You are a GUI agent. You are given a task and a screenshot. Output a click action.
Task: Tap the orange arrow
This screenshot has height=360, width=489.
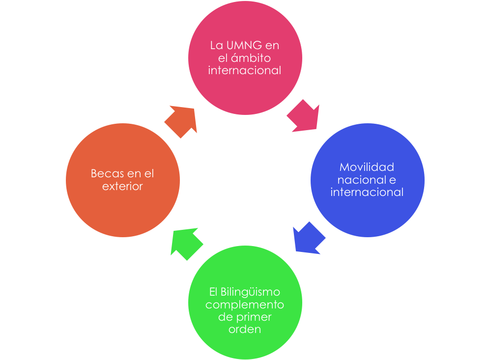[x=181, y=121]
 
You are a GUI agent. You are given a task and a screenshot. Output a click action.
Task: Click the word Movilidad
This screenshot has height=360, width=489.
[x=367, y=167]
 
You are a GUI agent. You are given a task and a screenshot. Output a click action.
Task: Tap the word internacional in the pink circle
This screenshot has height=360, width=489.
[x=244, y=70]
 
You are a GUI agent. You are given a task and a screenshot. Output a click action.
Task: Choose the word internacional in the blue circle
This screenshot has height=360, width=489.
[x=367, y=192]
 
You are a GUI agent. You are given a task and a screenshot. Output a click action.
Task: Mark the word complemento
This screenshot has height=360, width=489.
[x=245, y=305]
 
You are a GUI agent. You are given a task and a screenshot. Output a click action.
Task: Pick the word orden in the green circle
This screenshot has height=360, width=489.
[x=245, y=329]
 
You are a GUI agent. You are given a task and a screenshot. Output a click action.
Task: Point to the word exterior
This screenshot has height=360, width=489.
[x=122, y=186]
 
